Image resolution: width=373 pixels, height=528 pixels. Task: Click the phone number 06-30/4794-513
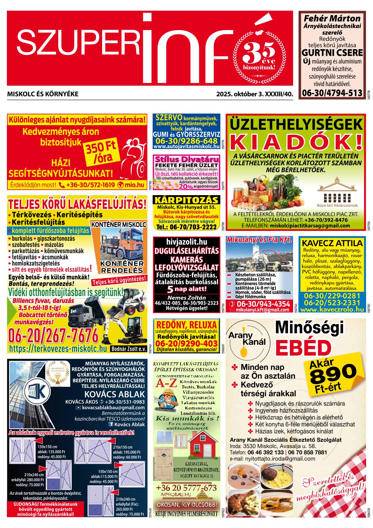click(332, 93)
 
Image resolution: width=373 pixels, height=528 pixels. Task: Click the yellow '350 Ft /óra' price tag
click(100, 152)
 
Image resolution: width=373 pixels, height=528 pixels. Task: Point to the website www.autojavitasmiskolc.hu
click(186, 147)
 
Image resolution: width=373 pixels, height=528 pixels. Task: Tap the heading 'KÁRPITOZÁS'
click(186, 200)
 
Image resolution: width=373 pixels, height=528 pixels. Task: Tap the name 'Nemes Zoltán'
click(186, 298)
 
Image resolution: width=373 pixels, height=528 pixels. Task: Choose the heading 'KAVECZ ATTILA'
click(332, 243)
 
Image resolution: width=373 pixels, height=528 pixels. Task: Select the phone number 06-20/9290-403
click(186, 343)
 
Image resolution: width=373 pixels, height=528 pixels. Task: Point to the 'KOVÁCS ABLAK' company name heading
click(115, 394)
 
